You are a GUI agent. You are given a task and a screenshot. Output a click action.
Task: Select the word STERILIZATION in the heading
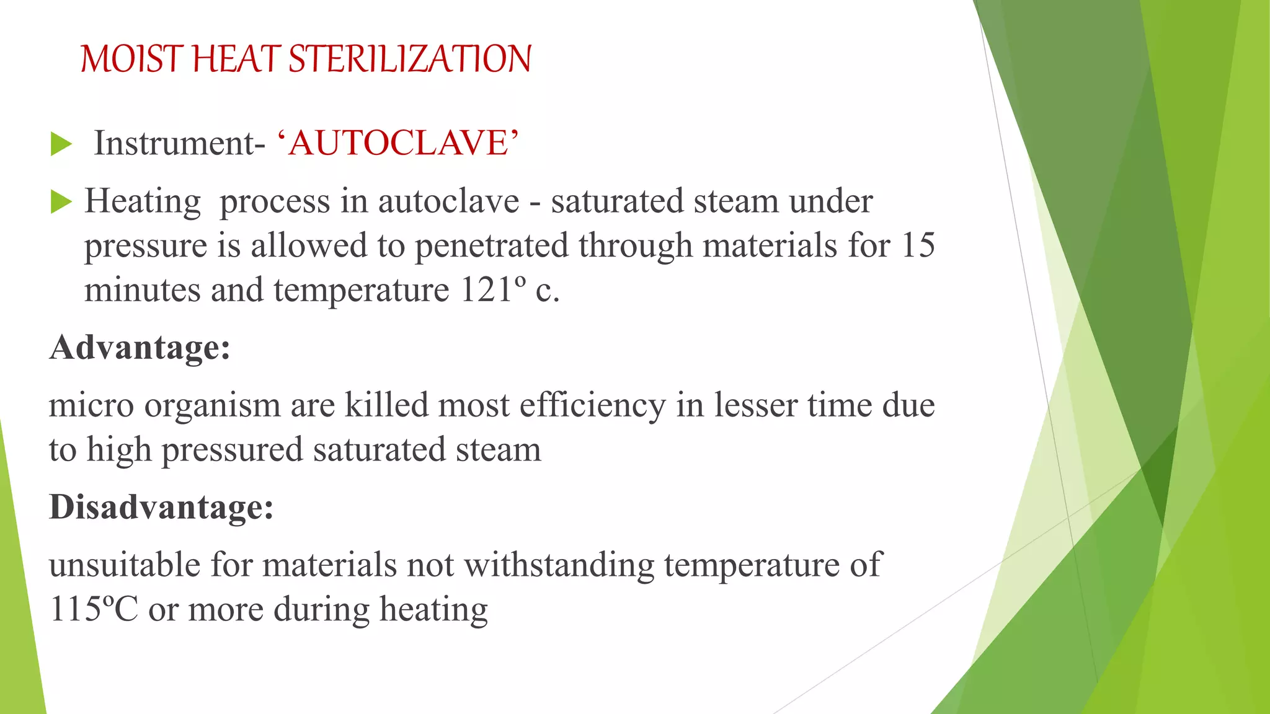[410, 59]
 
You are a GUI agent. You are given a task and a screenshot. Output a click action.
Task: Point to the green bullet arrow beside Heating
[61, 201]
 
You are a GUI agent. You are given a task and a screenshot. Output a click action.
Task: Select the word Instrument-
[179, 143]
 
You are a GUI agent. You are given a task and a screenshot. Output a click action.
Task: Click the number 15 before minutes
[918, 245]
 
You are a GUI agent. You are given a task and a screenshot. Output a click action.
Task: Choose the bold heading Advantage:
[140, 347]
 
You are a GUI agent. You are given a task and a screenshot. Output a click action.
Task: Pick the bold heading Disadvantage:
[161, 507]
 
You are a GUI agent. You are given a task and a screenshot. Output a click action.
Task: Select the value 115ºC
[94, 609]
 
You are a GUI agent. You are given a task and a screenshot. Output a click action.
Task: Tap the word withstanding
[559, 565]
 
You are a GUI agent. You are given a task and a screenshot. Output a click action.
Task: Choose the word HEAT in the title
[236, 59]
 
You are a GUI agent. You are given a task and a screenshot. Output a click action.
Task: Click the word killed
[386, 405]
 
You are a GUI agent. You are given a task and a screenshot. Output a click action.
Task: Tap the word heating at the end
[433, 610]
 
